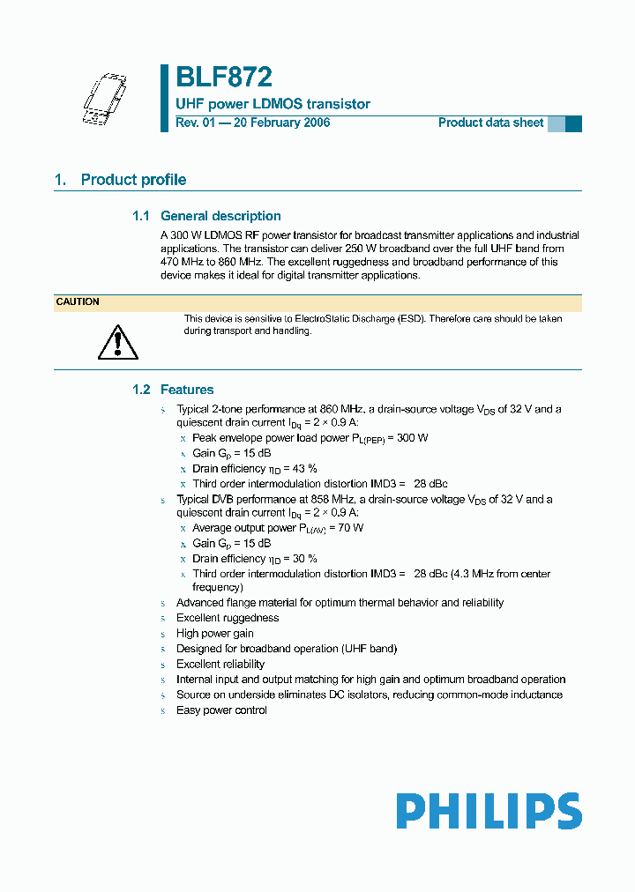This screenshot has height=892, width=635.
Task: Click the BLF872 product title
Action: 223,78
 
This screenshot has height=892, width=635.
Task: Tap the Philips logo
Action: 489,811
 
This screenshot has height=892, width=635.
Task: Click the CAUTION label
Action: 78,302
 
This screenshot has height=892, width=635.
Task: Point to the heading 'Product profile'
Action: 133,180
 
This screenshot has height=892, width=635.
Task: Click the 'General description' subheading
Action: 220,216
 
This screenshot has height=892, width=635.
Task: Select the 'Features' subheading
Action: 187,390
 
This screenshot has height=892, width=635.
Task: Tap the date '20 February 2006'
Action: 280,123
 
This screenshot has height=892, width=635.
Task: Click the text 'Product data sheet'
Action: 490,123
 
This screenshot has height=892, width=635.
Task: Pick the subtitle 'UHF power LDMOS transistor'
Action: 273,104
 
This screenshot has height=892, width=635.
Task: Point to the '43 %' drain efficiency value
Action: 305,469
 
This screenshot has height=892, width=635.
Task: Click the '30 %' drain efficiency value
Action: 305,559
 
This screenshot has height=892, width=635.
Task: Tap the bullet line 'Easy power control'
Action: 221,710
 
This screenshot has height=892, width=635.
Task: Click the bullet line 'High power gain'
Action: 215,634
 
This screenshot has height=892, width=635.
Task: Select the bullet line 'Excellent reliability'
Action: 220,665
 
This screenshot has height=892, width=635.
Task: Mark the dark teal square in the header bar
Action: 573,123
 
